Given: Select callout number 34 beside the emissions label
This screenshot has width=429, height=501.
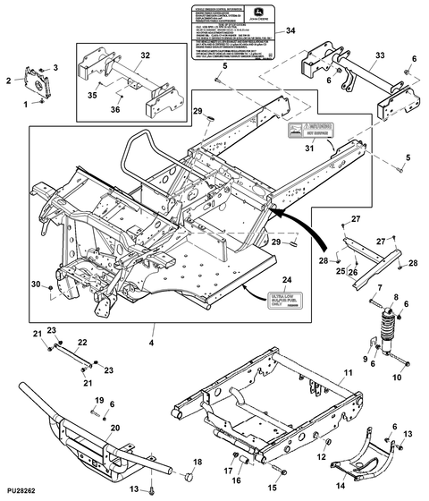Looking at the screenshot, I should [x=290, y=30].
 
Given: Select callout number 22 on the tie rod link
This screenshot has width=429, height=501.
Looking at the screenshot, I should [x=80, y=341].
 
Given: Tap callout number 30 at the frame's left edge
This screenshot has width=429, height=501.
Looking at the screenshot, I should [x=35, y=284].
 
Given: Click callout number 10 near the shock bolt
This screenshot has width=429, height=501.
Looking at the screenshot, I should [x=398, y=378].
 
